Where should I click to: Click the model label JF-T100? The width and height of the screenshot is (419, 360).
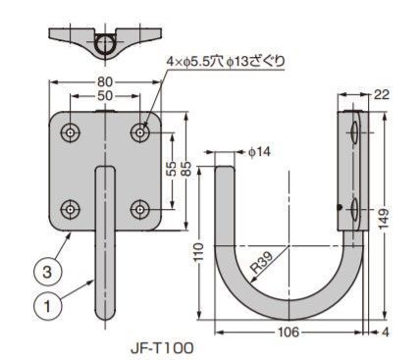[162, 348]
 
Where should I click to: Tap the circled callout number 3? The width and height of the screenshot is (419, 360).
[47, 272]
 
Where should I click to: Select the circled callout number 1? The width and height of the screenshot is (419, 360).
[47, 306]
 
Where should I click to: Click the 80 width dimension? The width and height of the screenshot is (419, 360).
[105, 82]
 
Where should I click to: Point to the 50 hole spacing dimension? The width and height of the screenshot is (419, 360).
[105, 96]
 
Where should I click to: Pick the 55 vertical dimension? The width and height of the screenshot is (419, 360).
[172, 169]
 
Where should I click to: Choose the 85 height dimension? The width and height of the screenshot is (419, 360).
[186, 169]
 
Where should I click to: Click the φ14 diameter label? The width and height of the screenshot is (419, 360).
[259, 152]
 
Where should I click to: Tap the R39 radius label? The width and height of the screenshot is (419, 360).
[262, 263]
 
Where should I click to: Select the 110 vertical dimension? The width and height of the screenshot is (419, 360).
[198, 252]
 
